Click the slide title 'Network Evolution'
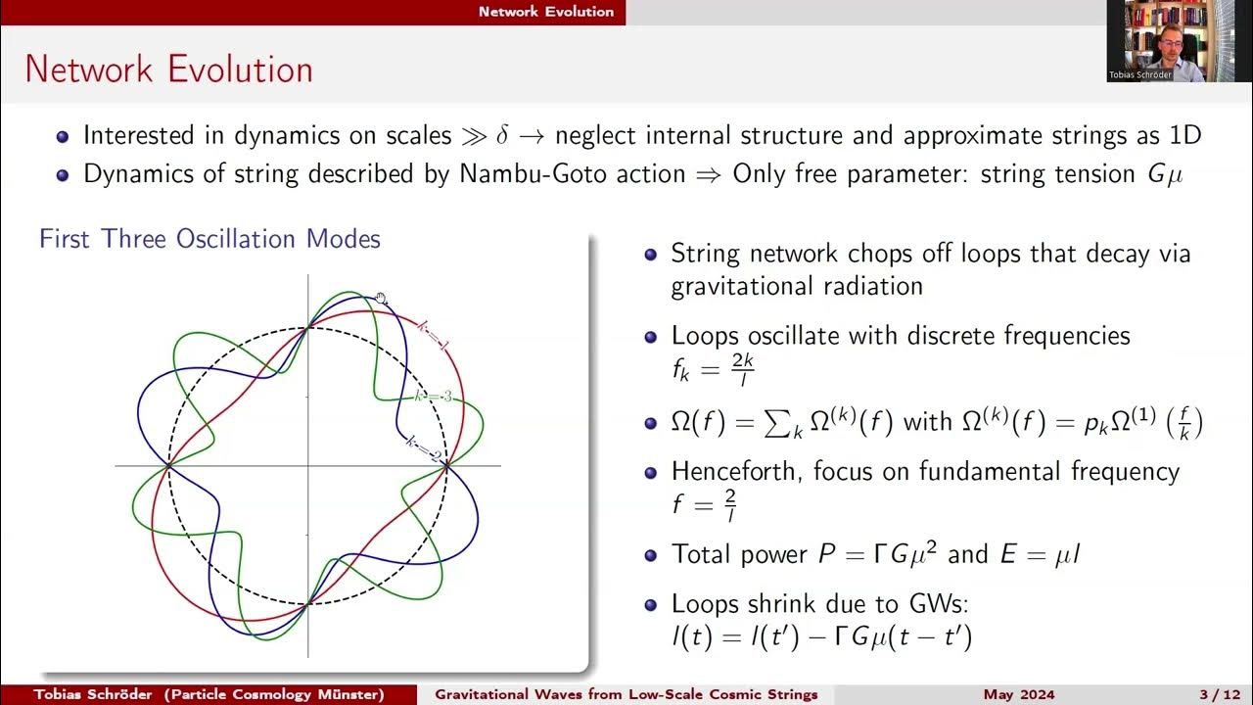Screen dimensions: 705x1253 pyautogui.click(x=168, y=70)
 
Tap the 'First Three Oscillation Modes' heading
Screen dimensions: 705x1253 pyautogui.click(x=209, y=239)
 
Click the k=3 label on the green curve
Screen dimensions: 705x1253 pyautogui.click(x=433, y=397)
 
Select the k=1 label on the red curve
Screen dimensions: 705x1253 pyautogui.click(x=432, y=336)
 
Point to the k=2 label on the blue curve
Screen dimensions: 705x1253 pyautogui.click(x=423, y=448)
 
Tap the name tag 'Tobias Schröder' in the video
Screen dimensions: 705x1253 pyautogui.click(x=1139, y=74)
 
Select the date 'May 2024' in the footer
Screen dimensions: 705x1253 pyautogui.click(x=1019, y=694)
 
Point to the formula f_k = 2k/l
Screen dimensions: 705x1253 pyautogui.click(x=712, y=370)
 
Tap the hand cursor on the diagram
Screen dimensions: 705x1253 pyautogui.click(x=381, y=299)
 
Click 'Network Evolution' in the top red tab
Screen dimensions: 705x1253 pyautogui.click(x=546, y=12)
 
